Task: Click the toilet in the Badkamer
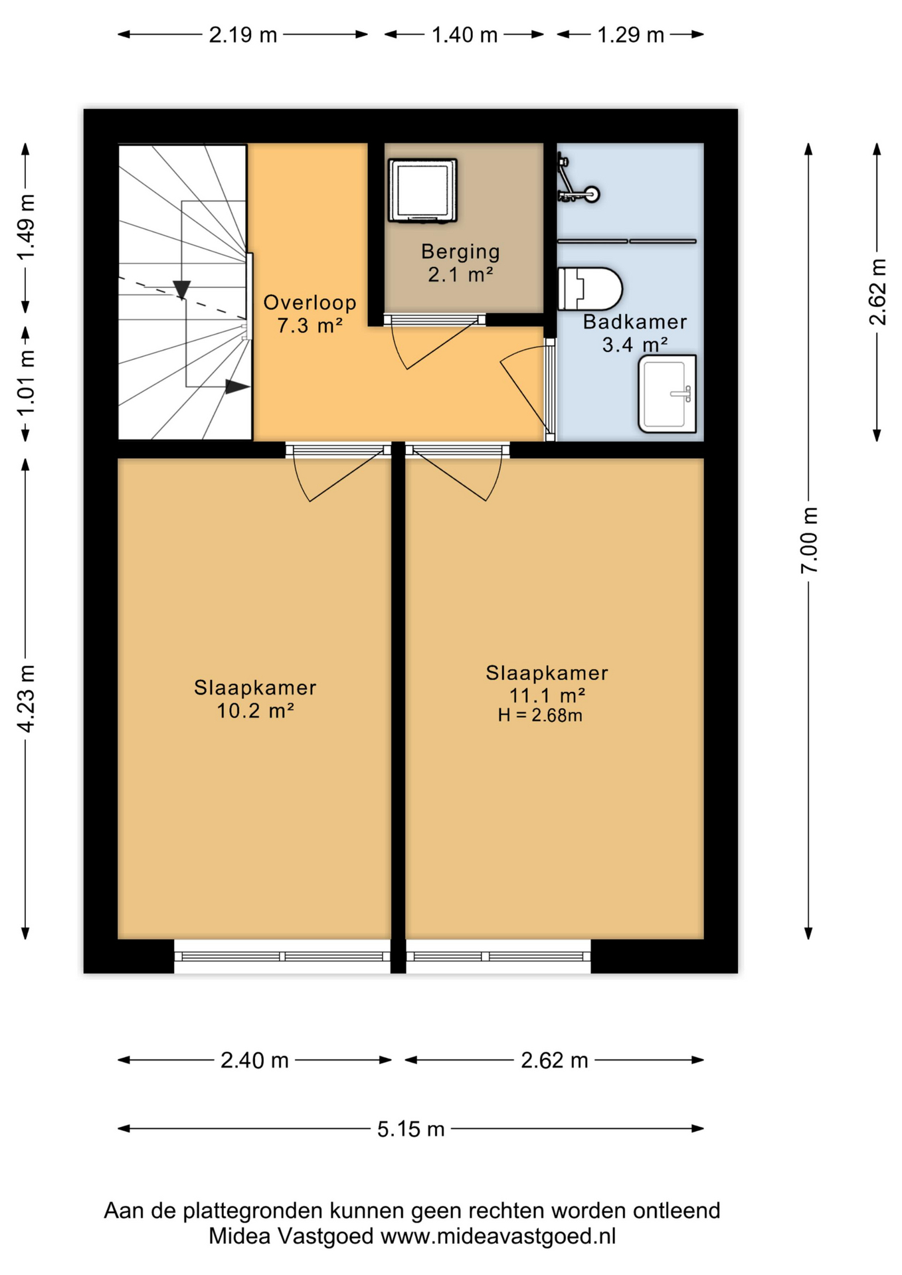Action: tap(589, 289)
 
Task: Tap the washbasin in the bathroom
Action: tap(667, 394)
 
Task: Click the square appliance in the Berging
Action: tap(422, 190)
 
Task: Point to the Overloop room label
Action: tap(310, 303)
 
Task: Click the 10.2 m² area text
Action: tap(255, 711)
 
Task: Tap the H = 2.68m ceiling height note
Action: tap(540, 715)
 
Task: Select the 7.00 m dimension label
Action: tap(809, 540)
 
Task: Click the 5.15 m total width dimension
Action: tap(410, 1128)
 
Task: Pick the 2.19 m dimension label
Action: tap(243, 35)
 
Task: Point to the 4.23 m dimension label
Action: tap(26, 699)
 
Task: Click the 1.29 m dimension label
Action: tap(630, 35)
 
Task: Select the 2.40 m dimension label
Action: tap(254, 1061)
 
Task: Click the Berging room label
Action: tap(460, 252)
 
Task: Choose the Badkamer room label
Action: tap(635, 322)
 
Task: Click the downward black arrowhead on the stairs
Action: tap(181, 290)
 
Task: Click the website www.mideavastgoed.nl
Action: tap(498, 1236)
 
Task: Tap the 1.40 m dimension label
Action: tap(464, 35)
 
